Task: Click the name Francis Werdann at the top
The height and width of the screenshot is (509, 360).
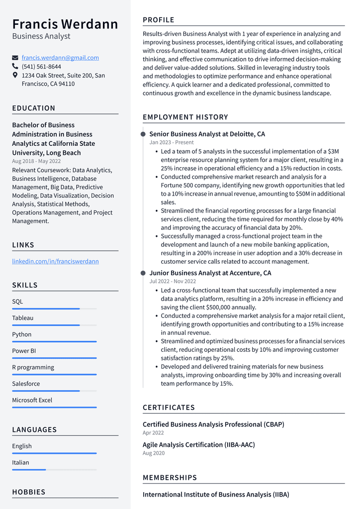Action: coord(65,24)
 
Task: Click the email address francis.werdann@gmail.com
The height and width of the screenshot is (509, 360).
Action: coord(60,58)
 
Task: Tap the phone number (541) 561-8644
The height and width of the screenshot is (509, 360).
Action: coord(41,67)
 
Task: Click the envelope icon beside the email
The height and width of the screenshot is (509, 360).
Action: coord(15,58)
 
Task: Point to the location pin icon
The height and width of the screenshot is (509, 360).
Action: coord(15,75)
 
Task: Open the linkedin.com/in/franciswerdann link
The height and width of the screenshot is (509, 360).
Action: coord(55,261)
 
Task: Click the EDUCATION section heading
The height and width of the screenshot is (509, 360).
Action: coord(34,108)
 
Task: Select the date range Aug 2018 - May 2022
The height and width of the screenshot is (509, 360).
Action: coord(36,161)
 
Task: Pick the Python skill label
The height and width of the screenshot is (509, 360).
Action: coord(22,334)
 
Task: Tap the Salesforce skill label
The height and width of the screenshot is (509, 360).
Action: coord(26,384)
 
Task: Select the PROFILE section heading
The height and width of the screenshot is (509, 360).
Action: coord(159,20)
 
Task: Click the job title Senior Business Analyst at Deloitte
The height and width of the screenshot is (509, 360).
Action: coord(207,134)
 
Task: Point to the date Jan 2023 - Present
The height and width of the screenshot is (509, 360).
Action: coord(172,142)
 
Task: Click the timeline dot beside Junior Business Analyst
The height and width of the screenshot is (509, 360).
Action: coord(143,273)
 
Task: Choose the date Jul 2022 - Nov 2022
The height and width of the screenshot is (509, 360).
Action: coord(173,282)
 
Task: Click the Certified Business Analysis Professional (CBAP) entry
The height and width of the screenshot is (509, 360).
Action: coord(213,424)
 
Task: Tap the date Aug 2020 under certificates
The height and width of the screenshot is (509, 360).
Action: coord(154,453)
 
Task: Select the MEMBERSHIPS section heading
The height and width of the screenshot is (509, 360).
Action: coord(170,478)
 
